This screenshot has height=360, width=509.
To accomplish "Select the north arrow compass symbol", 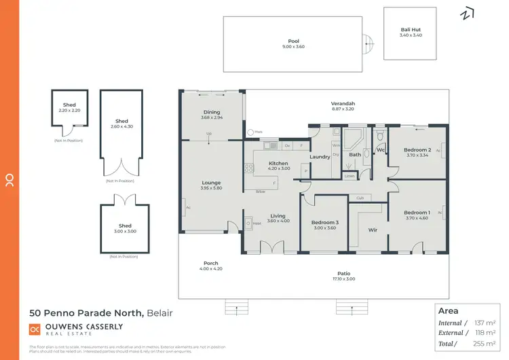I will [468, 14].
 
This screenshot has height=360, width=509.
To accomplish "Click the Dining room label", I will [212, 112].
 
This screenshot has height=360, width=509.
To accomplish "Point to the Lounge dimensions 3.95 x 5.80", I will [212, 188].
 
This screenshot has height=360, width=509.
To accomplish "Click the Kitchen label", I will [279, 163].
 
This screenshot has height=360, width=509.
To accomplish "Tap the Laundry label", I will [320, 157].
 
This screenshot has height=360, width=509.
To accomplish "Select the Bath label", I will [354, 155].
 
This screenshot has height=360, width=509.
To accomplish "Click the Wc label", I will [381, 149].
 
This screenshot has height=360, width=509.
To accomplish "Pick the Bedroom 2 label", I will [417, 149].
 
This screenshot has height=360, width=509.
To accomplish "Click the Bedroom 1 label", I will [417, 213].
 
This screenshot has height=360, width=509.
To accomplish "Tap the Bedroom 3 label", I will [324, 222].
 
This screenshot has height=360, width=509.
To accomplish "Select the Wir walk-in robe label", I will [373, 230].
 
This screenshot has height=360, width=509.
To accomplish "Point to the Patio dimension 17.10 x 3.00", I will [345, 279].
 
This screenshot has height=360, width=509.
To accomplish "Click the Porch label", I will [211, 263].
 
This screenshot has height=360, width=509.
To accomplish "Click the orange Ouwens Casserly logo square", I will [35, 329].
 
